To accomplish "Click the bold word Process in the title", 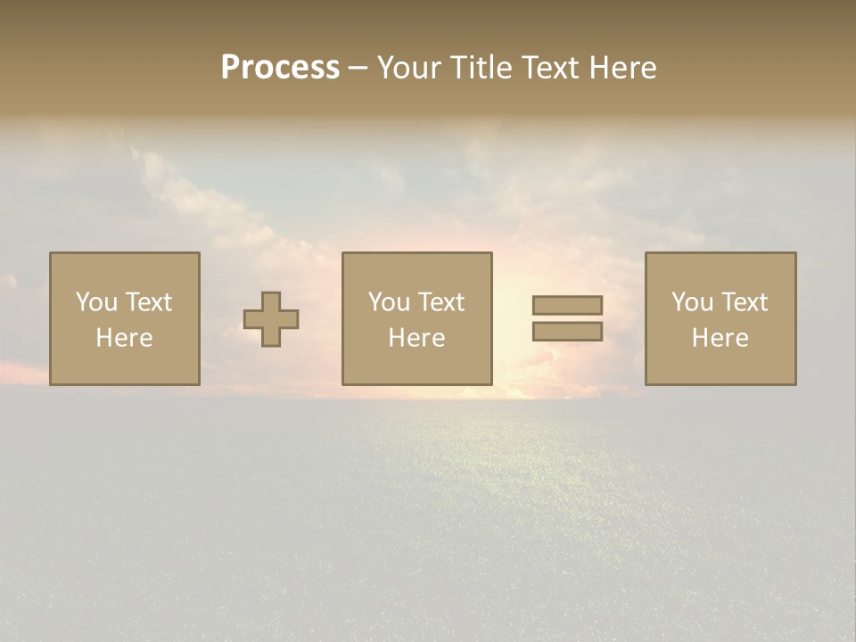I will point(280,68).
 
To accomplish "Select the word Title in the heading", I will point(480,68).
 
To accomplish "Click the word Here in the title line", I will point(622,68).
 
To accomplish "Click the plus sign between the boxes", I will point(271,319).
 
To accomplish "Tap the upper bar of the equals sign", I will point(567,305).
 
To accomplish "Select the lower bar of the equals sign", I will point(567,331).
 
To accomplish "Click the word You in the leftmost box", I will point(96,302).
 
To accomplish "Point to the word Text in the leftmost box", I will point(148,302).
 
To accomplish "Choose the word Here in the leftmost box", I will point(124,338).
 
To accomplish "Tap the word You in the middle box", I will point(389,302).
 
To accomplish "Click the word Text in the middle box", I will point(440,302).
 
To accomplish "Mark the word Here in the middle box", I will point(416,338).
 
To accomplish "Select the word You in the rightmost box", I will point(692,302).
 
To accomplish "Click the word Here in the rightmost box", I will point(720,338).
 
